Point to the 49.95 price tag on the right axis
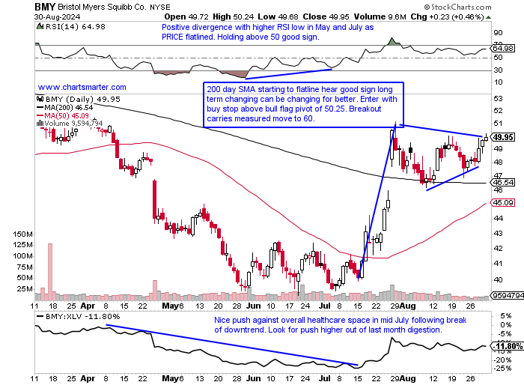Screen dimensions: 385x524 tap(503, 137)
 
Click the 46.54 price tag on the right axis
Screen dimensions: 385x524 tap(502, 182)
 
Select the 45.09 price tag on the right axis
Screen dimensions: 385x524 tap(502, 202)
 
